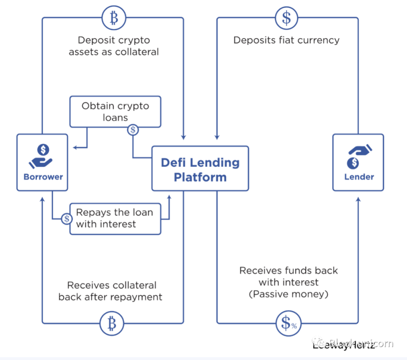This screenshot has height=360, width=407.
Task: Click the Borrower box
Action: [42, 163]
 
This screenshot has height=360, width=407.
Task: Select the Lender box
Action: [358, 163]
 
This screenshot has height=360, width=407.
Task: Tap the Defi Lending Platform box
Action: [200, 168]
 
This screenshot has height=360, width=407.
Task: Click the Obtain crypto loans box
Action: [115, 111]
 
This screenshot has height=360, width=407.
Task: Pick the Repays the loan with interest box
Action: [115, 218]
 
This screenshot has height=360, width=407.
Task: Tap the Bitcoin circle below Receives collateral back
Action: [112, 323]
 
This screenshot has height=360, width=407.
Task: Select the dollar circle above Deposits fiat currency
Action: [286, 18]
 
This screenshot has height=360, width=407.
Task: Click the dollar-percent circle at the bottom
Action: [287, 323]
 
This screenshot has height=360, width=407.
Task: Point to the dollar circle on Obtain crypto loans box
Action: [133, 130]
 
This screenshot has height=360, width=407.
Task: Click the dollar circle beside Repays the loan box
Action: [66, 219]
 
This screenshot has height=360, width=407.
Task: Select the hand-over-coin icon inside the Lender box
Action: [359, 155]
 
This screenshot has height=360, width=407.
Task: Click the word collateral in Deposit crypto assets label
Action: [138, 52]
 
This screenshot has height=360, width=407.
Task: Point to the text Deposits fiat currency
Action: [286, 40]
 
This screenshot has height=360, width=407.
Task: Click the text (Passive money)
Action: [289, 294]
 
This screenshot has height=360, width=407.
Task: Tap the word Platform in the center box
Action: [200, 176]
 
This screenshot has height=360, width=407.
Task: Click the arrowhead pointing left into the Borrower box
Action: [75, 148]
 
